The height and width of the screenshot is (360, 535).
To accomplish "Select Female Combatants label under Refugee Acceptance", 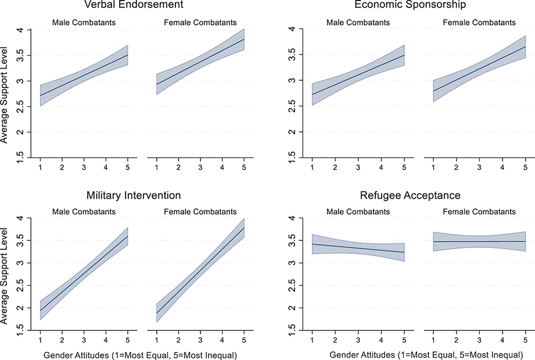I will tap(479, 212).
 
